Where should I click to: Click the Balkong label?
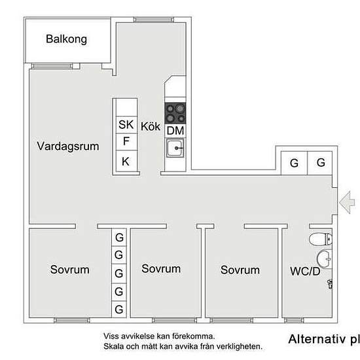tap(66, 39)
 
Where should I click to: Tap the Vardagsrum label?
tap(68, 147)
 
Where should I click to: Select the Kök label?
tap(151, 126)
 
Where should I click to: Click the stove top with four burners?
tap(175, 114)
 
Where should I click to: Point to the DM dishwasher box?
tap(175, 131)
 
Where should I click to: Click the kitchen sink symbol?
tap(175, 148)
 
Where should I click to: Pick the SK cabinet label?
tap(126, 124)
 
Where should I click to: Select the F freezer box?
tap(127, 141)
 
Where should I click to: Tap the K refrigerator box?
tap(127, 161)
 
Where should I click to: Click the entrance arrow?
tap(347, 202)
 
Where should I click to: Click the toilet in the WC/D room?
tap(321, 239)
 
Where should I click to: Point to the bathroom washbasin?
tap(324, 259)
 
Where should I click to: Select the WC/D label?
tap(305, 272)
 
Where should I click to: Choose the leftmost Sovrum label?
tap(70, 270)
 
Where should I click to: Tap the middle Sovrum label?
tap(161, 268)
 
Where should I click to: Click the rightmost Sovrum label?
tap(240, 270)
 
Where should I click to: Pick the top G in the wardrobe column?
tap(119, 238)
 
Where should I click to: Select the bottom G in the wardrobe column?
tap(119, 309)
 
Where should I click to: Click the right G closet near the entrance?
tap(321, 162)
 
